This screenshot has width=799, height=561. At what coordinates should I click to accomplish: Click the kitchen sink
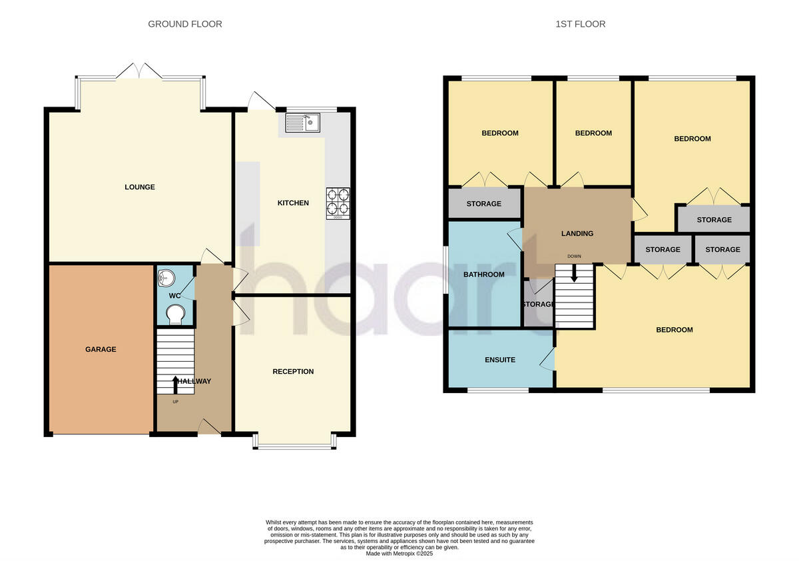click(302, 123)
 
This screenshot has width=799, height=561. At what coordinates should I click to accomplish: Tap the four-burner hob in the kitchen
click(338, 203)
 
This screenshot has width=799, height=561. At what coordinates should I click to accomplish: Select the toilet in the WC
click(176, 314)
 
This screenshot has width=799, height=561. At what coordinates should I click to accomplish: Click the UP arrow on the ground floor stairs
click(176, 384)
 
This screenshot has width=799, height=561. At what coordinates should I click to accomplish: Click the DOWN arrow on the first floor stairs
click(574, 273)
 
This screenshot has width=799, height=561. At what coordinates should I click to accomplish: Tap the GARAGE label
click(101, 349)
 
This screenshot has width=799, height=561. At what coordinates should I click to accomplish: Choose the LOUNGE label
click(140, 187)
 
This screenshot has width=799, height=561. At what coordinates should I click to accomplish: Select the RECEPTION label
click(293, 372)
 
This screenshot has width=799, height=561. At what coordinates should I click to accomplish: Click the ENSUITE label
click(500, 360)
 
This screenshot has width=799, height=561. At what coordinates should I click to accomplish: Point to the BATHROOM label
click(484, 275)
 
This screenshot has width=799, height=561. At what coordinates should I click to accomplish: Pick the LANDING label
click(577, 233)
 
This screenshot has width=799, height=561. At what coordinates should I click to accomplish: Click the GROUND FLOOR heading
click(185, 24)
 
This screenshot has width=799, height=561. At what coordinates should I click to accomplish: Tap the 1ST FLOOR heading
click(581, 24)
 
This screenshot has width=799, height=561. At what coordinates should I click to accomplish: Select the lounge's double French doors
click(139, 71)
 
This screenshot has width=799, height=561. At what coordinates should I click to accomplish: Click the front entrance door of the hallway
click(209, 426)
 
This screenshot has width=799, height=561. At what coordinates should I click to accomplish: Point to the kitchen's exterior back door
click(262, 101)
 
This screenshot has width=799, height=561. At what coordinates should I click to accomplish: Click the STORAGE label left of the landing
click(484, 204)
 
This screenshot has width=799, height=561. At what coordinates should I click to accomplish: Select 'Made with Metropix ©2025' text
click(400, 554)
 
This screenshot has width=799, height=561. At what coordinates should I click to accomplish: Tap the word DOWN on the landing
click(574, 257)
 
